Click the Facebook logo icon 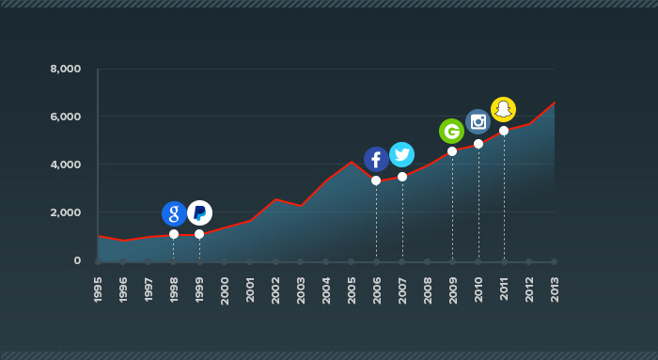click(x=376, y=159)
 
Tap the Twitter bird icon click(x=402, y=154)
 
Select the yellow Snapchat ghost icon click(x=504, y=109)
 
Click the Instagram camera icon click(x=478, y=121)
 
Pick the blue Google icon click(x=174, y=213)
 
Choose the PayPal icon click(x=199, y=213)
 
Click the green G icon click(x=452, y=131)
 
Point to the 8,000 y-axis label click(x=66, y=69)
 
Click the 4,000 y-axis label click(x=66, y=164)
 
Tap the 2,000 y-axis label click(x=66, y=212)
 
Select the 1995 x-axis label click(x=99, y=290)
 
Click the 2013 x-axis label click(x=555, y=290)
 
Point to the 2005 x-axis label click(x=352, y=290)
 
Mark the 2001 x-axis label click(x=250, y=290)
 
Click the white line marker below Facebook click(x=376, y=180)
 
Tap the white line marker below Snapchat click(x=504, y=131)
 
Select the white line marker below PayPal click(x=199, y=234)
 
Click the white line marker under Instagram click(x=478, y=144)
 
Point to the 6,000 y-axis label click(x=66, y=117)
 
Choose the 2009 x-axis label click(x=453, y=290)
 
